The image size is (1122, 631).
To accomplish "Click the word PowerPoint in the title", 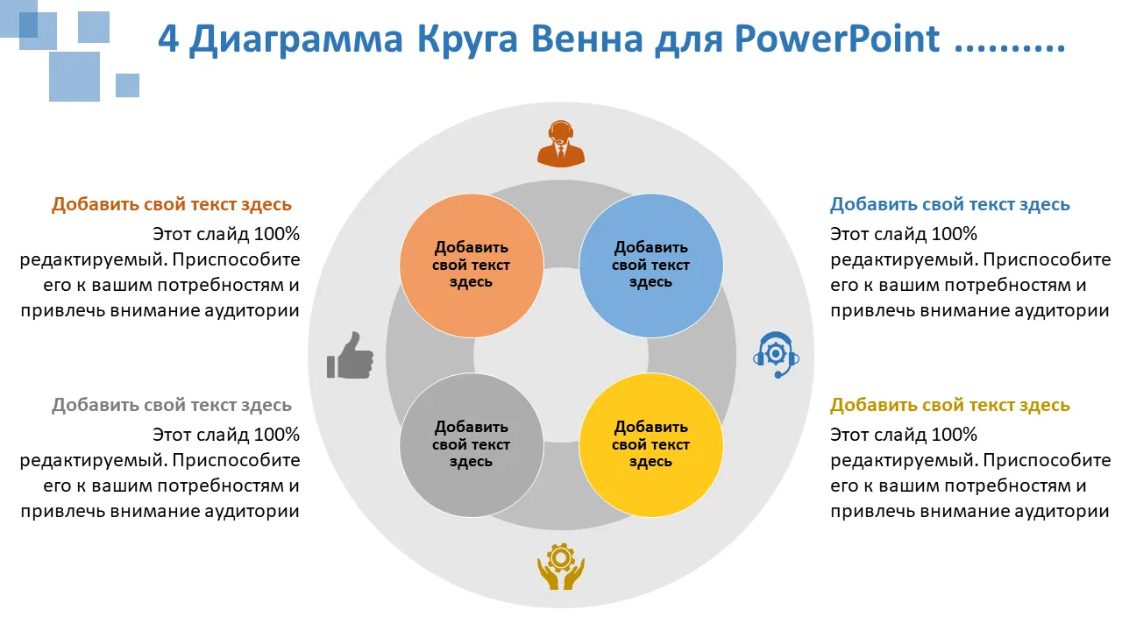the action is [836, 38].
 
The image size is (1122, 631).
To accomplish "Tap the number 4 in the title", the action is [168, 38].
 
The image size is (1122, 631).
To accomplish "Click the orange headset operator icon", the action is [560, 143].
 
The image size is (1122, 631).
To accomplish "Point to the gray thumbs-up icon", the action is [350, 355].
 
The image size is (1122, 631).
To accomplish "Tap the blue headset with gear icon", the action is [776, 355].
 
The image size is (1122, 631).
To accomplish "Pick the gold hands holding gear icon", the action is [560, 566].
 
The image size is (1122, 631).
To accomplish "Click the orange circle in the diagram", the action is [472, 266].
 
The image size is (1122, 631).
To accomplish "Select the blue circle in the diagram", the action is [650, 266].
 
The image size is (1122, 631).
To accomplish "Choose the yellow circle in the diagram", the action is [650, 444].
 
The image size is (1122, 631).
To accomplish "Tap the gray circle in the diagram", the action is [472, 444].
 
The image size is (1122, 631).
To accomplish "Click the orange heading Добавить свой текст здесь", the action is [171, 204].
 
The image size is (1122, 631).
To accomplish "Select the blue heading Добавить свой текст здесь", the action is [949, 204].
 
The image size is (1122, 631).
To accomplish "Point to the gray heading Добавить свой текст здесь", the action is [171, 405].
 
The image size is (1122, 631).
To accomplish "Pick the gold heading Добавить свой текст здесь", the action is [949, 405].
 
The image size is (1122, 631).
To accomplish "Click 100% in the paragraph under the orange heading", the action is [277, 234].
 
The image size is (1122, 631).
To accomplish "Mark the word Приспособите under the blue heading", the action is [1047, 260].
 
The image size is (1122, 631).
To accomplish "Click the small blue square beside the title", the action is [127, 85].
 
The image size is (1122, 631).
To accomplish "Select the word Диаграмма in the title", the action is [296, 39].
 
